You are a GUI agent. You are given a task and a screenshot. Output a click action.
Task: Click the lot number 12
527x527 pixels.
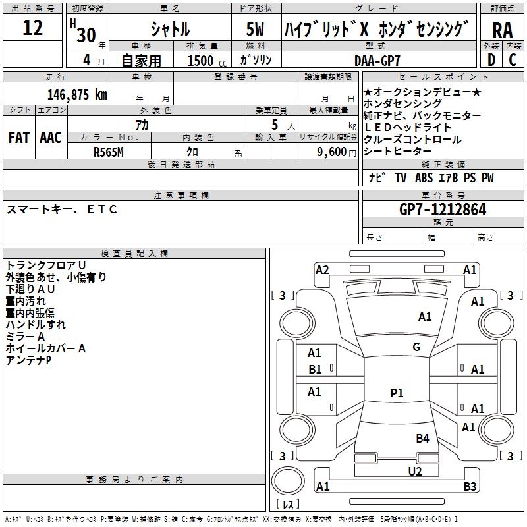pos(32,28)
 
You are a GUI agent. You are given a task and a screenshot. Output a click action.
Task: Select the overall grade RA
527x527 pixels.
pos(503,30)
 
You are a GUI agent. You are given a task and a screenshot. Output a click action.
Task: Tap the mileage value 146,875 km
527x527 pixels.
pos(77,94)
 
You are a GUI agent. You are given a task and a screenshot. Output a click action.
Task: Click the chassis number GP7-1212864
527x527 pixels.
pos(443,210)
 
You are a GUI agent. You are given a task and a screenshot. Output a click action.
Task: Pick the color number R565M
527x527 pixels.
pos(109,152)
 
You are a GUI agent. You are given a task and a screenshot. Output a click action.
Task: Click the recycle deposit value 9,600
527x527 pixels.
pos(330,152)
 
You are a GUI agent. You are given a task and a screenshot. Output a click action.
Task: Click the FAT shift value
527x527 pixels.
pos(18,137)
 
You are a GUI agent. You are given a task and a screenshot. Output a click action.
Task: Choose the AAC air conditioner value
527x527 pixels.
pos(50,137)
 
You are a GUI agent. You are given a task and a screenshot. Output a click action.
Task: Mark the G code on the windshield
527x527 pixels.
pos(416,347)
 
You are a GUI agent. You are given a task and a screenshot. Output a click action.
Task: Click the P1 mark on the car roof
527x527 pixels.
pos(397,393)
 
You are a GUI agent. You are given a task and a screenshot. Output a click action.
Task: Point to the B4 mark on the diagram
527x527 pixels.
pos(422,439)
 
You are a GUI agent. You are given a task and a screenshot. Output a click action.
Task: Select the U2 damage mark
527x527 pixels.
pos(414,471)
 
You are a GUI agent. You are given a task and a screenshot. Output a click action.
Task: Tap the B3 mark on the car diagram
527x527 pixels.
pos(470,487)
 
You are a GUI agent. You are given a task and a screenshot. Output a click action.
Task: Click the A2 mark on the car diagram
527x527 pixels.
pos(322,269)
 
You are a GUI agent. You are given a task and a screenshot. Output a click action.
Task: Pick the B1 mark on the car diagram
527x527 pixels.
pos(316,370)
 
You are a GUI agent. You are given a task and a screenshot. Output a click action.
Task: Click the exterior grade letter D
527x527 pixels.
pos(491,60)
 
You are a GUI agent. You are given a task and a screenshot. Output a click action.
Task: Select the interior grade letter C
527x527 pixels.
pos(513,60)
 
